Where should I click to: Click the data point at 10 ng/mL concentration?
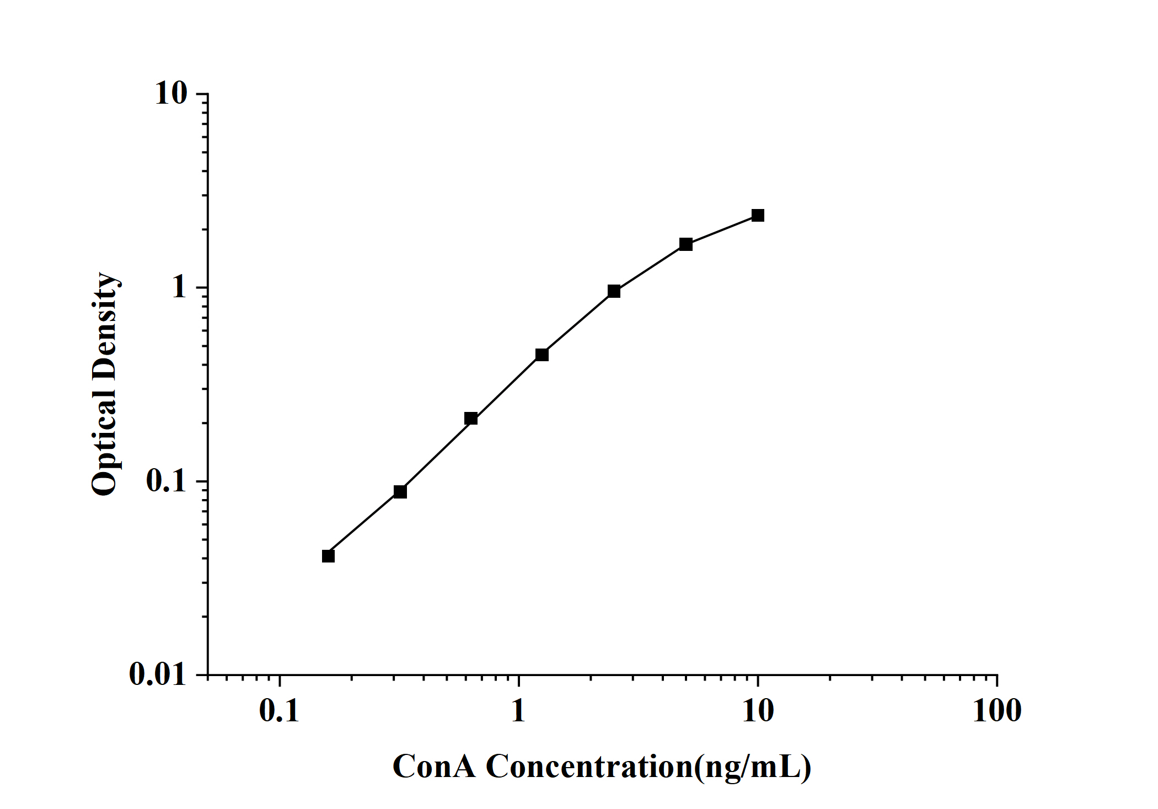[x=758, y=215]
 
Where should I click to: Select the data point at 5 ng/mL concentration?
[x=685, y=244]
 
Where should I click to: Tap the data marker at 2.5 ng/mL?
[x=614, y=291]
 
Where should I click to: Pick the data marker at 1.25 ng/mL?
[x=542, y=355]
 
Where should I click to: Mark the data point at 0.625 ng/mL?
[x=470, y=419]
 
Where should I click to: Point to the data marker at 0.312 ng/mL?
[x=400, y=491]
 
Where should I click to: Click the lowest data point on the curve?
[x=328, y=556]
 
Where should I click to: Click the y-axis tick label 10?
[x=171, y=94]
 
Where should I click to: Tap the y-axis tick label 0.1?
[x=167, y=481]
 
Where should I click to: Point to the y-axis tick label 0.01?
[x=158, y=674]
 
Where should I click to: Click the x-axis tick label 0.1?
[x=279, y=711]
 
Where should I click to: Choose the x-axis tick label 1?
[x=518, y=711]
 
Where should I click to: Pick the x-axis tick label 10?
[x=758, y=711]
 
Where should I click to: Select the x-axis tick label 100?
[x=996, y=711]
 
